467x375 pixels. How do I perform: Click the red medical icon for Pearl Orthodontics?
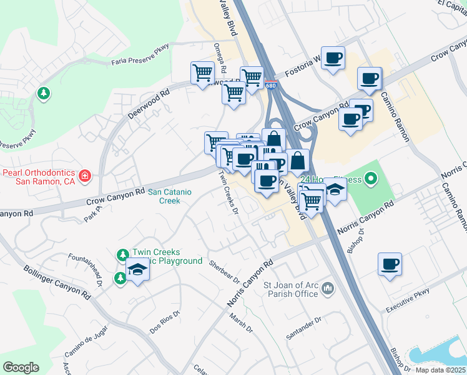[x=85, y=177]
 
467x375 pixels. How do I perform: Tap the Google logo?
[x=21, y=367]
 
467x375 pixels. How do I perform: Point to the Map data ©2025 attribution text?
[x=441, y=370]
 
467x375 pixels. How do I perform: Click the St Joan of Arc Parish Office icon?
[x=330, y=288]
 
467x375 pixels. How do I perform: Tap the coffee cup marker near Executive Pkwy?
[x=390, y=264]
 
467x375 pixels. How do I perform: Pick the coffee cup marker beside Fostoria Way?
[x=333, y=58]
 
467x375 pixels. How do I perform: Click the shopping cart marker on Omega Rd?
[x=202, y=73]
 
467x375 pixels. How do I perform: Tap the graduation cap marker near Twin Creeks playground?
[x=137, y=270]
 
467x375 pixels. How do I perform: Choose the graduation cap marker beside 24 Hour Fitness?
[x=335, y=189]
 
